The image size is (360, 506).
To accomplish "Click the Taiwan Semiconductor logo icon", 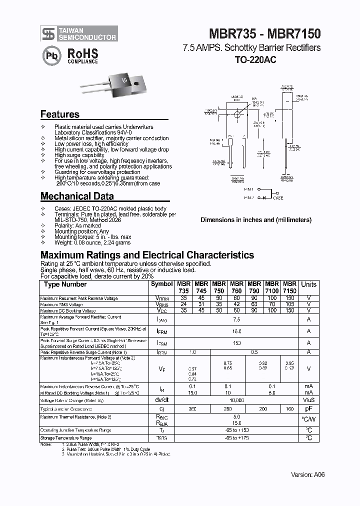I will point(48,34).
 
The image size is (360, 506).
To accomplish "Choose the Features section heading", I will point(59,114).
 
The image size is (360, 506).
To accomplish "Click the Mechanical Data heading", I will point(77,196).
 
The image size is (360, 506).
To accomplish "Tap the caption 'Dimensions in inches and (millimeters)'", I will point(255,219).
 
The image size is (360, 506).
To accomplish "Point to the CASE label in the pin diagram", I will point(278,198).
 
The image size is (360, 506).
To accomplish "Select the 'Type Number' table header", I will point(65,284).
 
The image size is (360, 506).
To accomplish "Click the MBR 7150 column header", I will point(289,287).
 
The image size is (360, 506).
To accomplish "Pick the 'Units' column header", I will point(308,284).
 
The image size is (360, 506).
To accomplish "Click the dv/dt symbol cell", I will point(161,400).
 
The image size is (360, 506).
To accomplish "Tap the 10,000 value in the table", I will point(236,400).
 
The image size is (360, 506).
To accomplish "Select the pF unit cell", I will point(308,408).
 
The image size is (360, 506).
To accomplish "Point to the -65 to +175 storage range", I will point(236,438).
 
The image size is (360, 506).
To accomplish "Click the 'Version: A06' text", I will point(307,474).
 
